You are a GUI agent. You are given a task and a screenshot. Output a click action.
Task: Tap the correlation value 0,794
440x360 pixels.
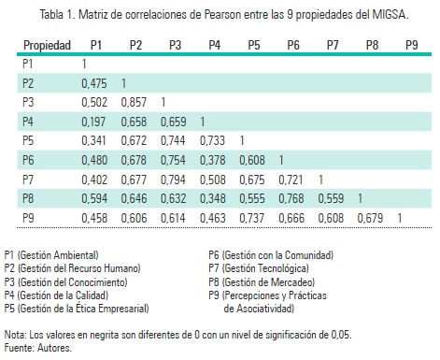click(175, 179)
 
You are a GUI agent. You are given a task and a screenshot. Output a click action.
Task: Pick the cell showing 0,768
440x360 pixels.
click(293, 198)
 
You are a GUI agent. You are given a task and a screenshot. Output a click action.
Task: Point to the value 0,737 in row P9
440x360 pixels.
click(253, 218)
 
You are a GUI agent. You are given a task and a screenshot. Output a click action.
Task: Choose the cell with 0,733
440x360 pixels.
click(214, 140)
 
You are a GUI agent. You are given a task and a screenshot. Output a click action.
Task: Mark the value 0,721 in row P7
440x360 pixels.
click(293, 179)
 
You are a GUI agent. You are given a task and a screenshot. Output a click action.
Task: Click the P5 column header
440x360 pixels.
click(253, 45)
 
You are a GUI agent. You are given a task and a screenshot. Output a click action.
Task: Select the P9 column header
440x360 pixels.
click(412, 45)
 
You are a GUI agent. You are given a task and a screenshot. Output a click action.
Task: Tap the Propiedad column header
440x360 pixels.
click(47, 45)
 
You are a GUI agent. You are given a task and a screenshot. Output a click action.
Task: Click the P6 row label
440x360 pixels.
click(29, 160)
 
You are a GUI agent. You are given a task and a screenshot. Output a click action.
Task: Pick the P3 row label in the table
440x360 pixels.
click(29, 102)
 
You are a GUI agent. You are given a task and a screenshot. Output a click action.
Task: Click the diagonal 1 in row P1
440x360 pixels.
click(85, 64)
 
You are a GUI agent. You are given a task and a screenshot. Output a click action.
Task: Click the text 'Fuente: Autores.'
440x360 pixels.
click(37, 347)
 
